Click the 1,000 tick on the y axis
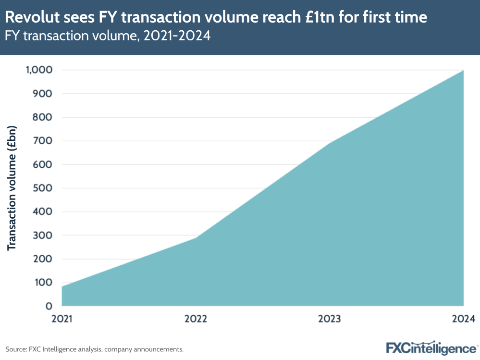[x=38, y=70]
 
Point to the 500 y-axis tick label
[x=43, y=188]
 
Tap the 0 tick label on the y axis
[x=49, y=306]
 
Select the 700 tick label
[x=43, y=141]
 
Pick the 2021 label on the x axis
[x=62, y=319]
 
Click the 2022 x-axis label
[x=196, y=319]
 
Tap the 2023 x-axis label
[x=330, y=319]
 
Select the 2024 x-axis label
[x=463, y=319]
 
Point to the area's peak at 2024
[x=463, y=71]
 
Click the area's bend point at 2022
[x=196, y=237]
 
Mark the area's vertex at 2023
[x=330, y=143]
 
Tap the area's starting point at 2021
[x=62, y=286]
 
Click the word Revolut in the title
[x=30, y=18]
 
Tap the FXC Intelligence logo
[x=431, y=348]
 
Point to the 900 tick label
[x=43, y=94]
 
